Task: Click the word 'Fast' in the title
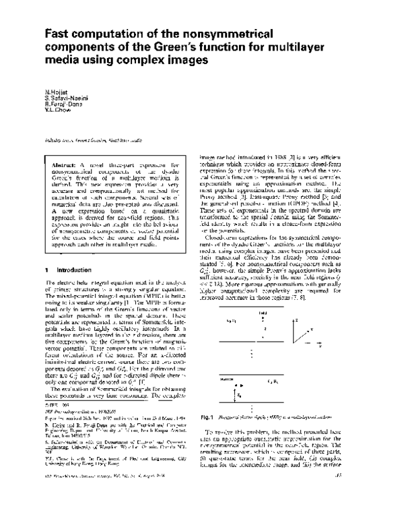pos(60,33)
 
